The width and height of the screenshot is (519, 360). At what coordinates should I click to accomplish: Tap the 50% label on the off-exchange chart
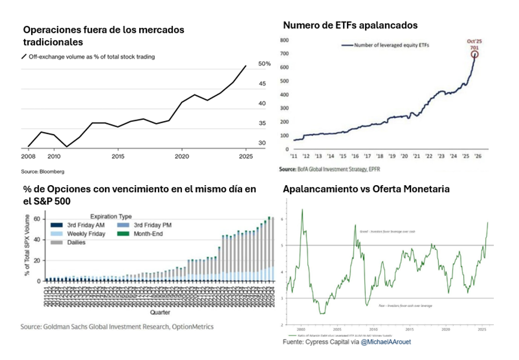[264, 64]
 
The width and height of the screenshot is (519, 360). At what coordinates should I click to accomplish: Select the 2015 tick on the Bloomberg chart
[118, 156]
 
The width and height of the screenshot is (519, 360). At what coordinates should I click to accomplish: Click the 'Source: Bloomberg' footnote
[43, 172]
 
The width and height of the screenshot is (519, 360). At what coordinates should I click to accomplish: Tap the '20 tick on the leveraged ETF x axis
[404, 156]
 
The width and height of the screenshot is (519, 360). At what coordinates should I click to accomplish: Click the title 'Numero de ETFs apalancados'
[350, 25]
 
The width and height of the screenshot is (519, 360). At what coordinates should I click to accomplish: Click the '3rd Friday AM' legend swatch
[56, 224]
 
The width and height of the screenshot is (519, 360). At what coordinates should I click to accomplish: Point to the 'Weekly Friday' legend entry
[87, 234]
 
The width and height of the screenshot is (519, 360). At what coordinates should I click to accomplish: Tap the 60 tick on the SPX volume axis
[38, 220]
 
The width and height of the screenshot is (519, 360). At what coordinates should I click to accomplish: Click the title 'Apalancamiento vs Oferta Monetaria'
[366, 189]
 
